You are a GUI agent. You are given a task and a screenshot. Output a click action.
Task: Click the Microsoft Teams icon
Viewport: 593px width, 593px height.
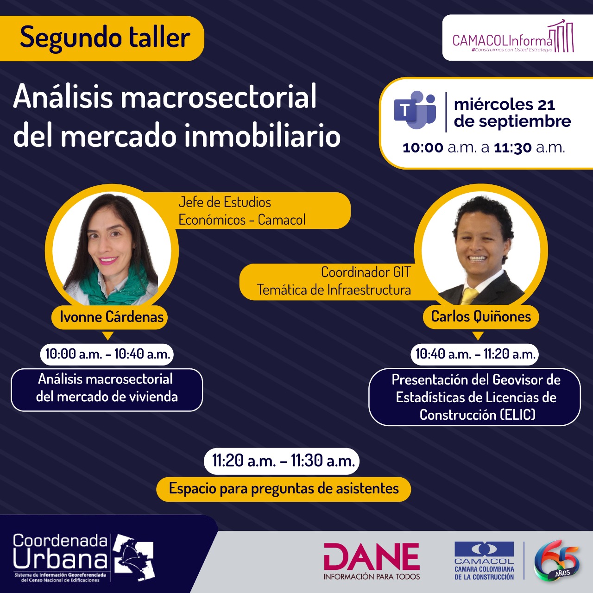[x=415, y=110]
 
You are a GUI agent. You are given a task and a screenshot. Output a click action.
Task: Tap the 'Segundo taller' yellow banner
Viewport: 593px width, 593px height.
[x=101, y=38]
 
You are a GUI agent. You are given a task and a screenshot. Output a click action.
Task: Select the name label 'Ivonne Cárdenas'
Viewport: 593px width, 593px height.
[x=109, y=317]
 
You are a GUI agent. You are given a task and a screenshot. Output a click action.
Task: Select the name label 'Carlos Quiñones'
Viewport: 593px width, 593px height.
[x=481, y=317]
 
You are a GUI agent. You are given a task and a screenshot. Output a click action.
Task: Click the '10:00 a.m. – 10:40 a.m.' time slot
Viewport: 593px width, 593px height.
[x=107, y=354]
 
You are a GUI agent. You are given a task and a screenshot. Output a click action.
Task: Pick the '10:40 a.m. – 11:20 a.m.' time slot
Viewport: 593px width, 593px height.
[x=475, y=354]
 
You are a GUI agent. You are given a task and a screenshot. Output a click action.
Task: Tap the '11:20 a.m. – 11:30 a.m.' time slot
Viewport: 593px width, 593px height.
[x=282, y=461]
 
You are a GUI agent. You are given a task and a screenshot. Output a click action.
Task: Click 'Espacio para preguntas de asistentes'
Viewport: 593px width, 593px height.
[x=284, y=489]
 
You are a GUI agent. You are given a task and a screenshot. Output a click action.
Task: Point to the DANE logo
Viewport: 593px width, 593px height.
[x=372, y=561]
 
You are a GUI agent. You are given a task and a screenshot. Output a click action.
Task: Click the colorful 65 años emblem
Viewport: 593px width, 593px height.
[x=557, y=561]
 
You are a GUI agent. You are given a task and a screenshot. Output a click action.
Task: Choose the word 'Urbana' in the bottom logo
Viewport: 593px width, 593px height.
[x=60, y=559]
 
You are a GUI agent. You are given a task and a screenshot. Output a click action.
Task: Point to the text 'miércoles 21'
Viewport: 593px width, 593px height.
[x=504, y=105]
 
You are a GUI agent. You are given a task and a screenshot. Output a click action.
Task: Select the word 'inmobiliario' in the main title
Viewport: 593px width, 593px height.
[x=263, y=136]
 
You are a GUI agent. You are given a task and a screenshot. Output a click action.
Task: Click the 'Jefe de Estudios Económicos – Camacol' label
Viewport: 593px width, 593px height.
[x=242, y=211]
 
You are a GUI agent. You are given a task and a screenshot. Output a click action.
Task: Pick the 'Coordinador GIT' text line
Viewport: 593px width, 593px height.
[x=366, y=272]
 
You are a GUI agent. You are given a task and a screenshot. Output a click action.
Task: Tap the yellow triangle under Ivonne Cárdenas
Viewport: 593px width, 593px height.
[x=107, y=335]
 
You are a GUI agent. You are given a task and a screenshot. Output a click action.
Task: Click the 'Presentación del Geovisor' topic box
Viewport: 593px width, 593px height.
[x=475, y=397]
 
